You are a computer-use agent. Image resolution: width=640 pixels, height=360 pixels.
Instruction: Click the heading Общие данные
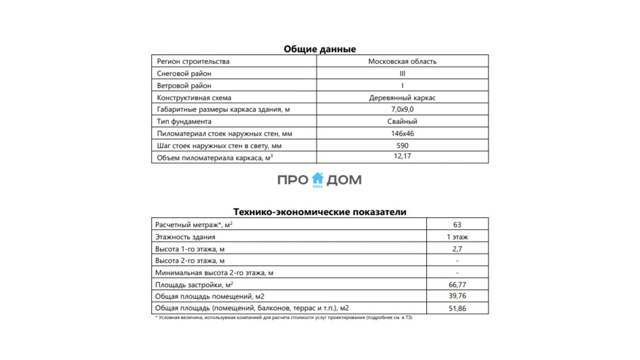320,49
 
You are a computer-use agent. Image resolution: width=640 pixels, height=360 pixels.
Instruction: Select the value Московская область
402,61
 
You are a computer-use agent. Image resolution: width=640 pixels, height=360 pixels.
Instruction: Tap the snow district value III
402,73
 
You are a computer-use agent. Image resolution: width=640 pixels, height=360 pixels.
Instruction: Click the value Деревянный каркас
402,98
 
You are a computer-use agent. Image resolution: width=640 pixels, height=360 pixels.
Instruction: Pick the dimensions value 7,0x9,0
402,109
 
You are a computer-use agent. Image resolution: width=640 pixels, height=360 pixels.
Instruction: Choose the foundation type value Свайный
402,121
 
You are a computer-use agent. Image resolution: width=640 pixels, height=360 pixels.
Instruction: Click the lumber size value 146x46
402,134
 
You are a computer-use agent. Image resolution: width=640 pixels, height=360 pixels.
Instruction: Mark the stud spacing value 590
402,145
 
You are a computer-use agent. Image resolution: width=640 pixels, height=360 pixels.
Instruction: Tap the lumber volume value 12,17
402,156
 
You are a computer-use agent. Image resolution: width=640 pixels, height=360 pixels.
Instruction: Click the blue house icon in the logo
317,179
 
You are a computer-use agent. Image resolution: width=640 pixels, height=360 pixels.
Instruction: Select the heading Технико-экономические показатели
320,212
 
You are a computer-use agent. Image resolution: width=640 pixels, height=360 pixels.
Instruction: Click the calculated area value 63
457,225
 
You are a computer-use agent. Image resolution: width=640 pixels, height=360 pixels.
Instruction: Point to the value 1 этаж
457,237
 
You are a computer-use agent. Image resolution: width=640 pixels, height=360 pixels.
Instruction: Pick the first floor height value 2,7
457,249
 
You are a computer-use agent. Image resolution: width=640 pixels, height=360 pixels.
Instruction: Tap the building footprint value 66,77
457,285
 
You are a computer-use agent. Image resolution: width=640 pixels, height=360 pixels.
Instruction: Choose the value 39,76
457,296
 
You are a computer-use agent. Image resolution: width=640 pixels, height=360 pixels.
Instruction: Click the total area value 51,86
457,308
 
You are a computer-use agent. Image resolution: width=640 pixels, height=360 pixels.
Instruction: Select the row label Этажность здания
185,237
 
